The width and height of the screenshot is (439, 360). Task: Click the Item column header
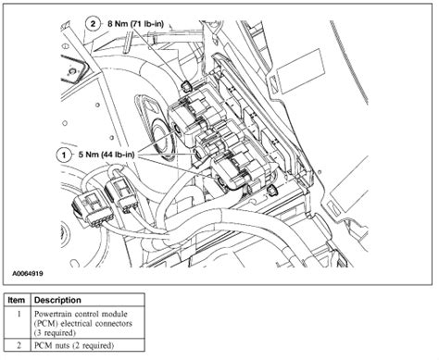tap(16, 300)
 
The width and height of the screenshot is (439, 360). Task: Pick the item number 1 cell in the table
tap(16, 315)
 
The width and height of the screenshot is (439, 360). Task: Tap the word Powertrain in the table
tap(57, 315)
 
